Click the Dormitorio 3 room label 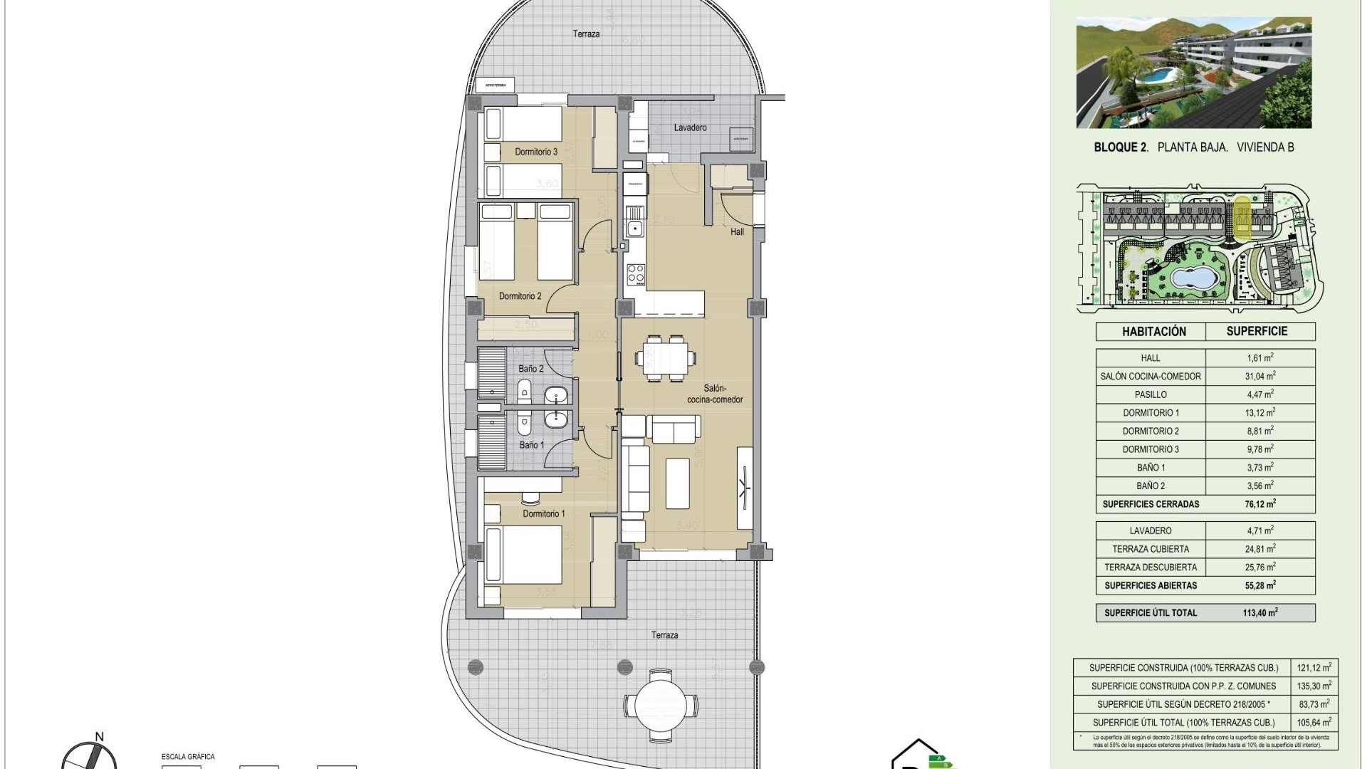pos(535,152)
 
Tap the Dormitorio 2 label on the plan pos(520,296)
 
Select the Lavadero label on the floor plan pos(690,127)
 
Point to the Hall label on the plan pos(737,231)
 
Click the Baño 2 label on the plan pos(531,369)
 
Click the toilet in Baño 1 pos(525,424)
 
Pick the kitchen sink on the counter pos(634,229)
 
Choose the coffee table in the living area pos(677,483)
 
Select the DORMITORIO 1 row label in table pos(1151,413)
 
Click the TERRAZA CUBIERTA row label pos(1151,549)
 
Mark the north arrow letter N pos(100,737)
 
